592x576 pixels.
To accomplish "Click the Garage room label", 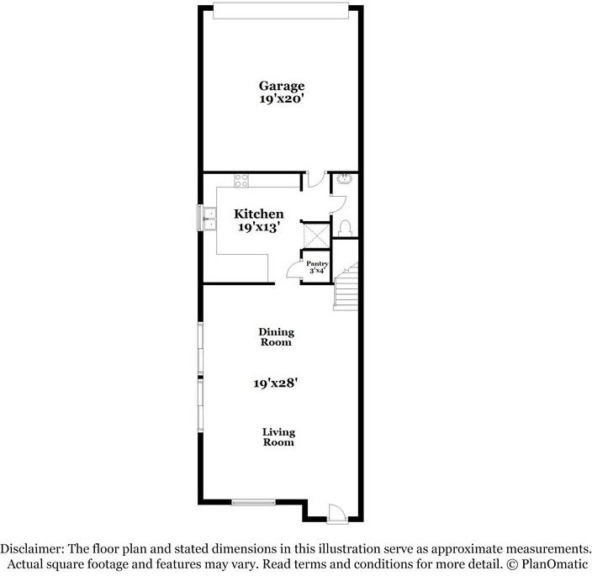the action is click(282, 87).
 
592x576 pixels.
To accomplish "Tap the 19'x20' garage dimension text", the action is click(282, 99).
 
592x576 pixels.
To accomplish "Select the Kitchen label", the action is click(259, 214).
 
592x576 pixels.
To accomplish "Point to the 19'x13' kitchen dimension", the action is click(259, 227).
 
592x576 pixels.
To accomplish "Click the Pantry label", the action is click(317, 264).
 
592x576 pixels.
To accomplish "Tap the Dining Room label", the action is click(276, 337).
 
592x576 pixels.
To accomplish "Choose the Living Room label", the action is click(278, 437).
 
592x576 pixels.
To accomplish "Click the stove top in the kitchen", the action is click(241, 181).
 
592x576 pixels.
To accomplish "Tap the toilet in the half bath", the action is click(345, 228).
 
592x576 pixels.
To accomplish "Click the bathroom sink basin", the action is click(344, 178).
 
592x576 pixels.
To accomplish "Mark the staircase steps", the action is click(346, 287).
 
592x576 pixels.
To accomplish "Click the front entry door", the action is click(337, 513).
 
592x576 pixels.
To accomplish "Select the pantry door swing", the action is click(294, 270).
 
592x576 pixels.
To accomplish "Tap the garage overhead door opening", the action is click(281, 10).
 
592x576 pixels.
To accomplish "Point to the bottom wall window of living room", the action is click(253, 502).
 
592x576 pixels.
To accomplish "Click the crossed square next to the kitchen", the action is click(316, 235).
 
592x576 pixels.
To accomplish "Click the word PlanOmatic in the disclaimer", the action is click(555, 564).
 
